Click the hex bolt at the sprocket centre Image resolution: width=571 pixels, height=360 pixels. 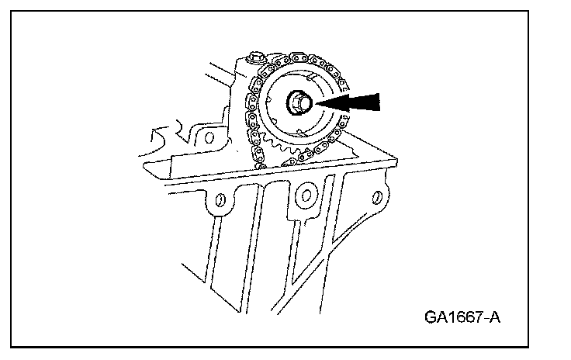(x=298, y=102)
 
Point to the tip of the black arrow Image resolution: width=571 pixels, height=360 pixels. (x=313, y=102)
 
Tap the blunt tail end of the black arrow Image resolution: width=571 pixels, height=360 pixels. (x=380, y=102)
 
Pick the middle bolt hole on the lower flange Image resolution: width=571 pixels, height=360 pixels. (x=306, y=194)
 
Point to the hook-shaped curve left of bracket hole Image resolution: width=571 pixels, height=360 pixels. (x=167, y=140)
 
